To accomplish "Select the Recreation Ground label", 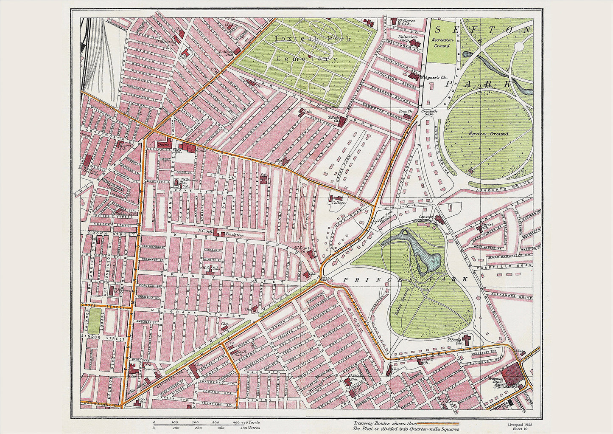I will point(442,43).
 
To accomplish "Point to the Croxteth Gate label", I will point(429,112).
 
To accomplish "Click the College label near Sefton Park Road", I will point(338,203).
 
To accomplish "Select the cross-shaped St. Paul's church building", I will point(467,340).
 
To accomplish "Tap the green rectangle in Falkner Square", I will point(95,321).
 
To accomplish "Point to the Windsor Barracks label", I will point(90,170).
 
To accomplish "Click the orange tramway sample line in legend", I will point(438,423).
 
